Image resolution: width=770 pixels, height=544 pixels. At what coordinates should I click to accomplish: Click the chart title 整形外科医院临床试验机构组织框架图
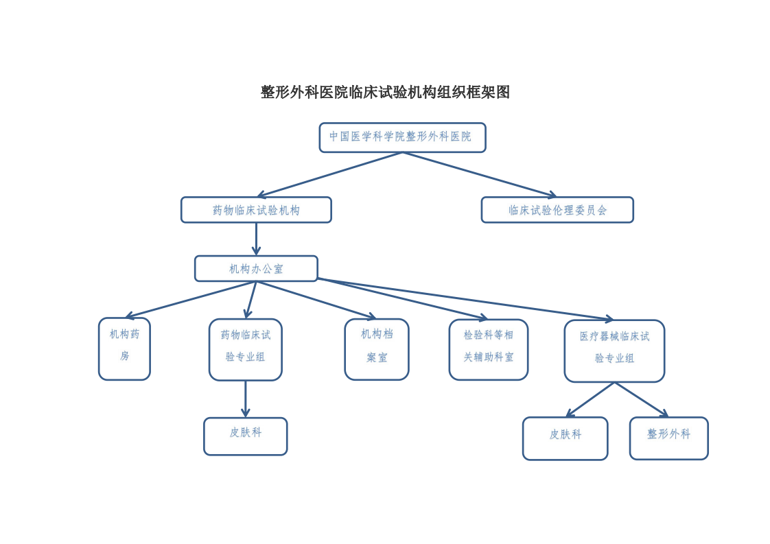[385, 92]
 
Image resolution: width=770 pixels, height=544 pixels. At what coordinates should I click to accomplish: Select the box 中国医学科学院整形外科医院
[402, 137]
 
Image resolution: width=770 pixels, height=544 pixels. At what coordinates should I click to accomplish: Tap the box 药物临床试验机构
[256, 210]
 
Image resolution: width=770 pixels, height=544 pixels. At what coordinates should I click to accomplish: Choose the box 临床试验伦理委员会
[557, 210]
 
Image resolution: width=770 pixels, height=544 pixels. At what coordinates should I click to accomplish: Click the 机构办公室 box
[256, 269]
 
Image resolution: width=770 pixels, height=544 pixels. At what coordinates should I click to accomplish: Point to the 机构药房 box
[124, 348]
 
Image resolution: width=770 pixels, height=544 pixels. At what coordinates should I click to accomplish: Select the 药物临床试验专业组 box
[245, 349]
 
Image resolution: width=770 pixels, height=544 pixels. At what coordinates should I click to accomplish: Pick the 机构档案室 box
[376, 349]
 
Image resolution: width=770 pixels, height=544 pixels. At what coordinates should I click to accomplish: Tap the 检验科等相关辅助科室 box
[488, 349]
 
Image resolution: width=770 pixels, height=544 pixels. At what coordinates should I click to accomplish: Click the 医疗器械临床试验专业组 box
[614, 351]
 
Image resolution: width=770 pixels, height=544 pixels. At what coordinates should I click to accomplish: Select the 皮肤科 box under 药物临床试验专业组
[245, 436]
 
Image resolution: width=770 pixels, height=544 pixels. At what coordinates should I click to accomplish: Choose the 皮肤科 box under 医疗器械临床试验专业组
[565, 438]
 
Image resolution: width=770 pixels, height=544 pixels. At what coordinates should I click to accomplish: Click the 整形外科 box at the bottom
[668, 438]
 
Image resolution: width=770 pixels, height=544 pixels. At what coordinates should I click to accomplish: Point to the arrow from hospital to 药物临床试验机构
[329, 175]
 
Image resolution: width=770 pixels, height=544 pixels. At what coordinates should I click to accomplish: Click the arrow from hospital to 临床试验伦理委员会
[479, 175]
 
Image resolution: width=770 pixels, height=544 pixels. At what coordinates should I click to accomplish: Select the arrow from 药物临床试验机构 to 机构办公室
[256, 239]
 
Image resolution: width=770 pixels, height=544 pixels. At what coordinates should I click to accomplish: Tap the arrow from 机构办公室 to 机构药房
[191, 300]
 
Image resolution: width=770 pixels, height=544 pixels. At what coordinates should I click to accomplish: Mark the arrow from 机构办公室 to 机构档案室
[316, 300]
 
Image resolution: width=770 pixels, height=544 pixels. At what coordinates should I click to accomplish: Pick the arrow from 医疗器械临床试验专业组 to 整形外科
[642, 400]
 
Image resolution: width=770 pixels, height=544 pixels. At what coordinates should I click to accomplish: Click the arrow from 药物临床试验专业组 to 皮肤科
[245, 399]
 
